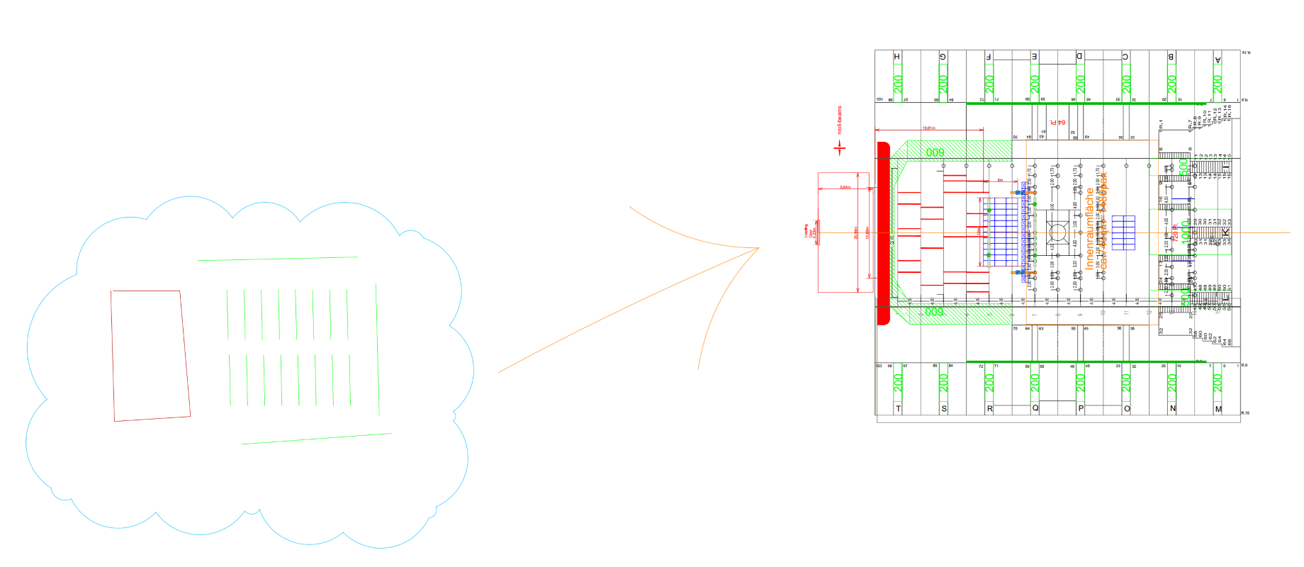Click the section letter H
point(897,57)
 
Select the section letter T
point(899,409)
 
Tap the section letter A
point(1218,60)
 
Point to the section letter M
point(1218,409)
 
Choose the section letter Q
point(1035,408)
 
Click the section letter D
point(1080,57)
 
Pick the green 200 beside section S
point(943,383)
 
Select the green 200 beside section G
point(943,84)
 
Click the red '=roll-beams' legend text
point(840,120)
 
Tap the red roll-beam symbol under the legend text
point(840,147)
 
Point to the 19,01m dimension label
point(928,128)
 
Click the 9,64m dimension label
point(845,187)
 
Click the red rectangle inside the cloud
point(150,355)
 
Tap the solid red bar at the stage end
point(883,232)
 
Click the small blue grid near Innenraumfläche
point(1123,232)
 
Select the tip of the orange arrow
point(759,248)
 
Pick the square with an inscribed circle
point(1057,232)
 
